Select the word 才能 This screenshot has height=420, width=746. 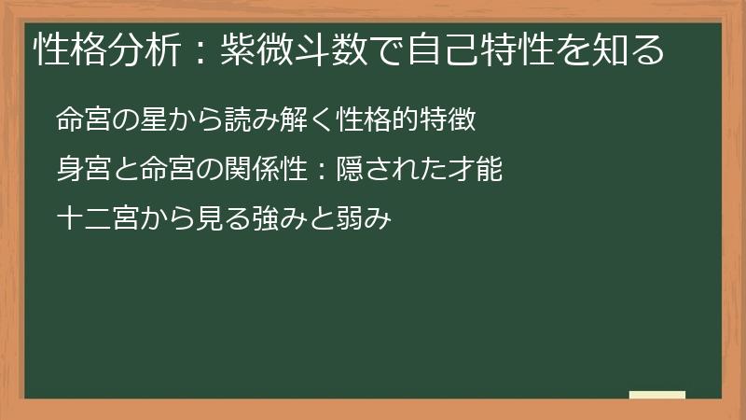pyautogui.click(x=479, y=170)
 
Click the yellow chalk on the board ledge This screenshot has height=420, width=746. pyautogui.click(x=656, y=394)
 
